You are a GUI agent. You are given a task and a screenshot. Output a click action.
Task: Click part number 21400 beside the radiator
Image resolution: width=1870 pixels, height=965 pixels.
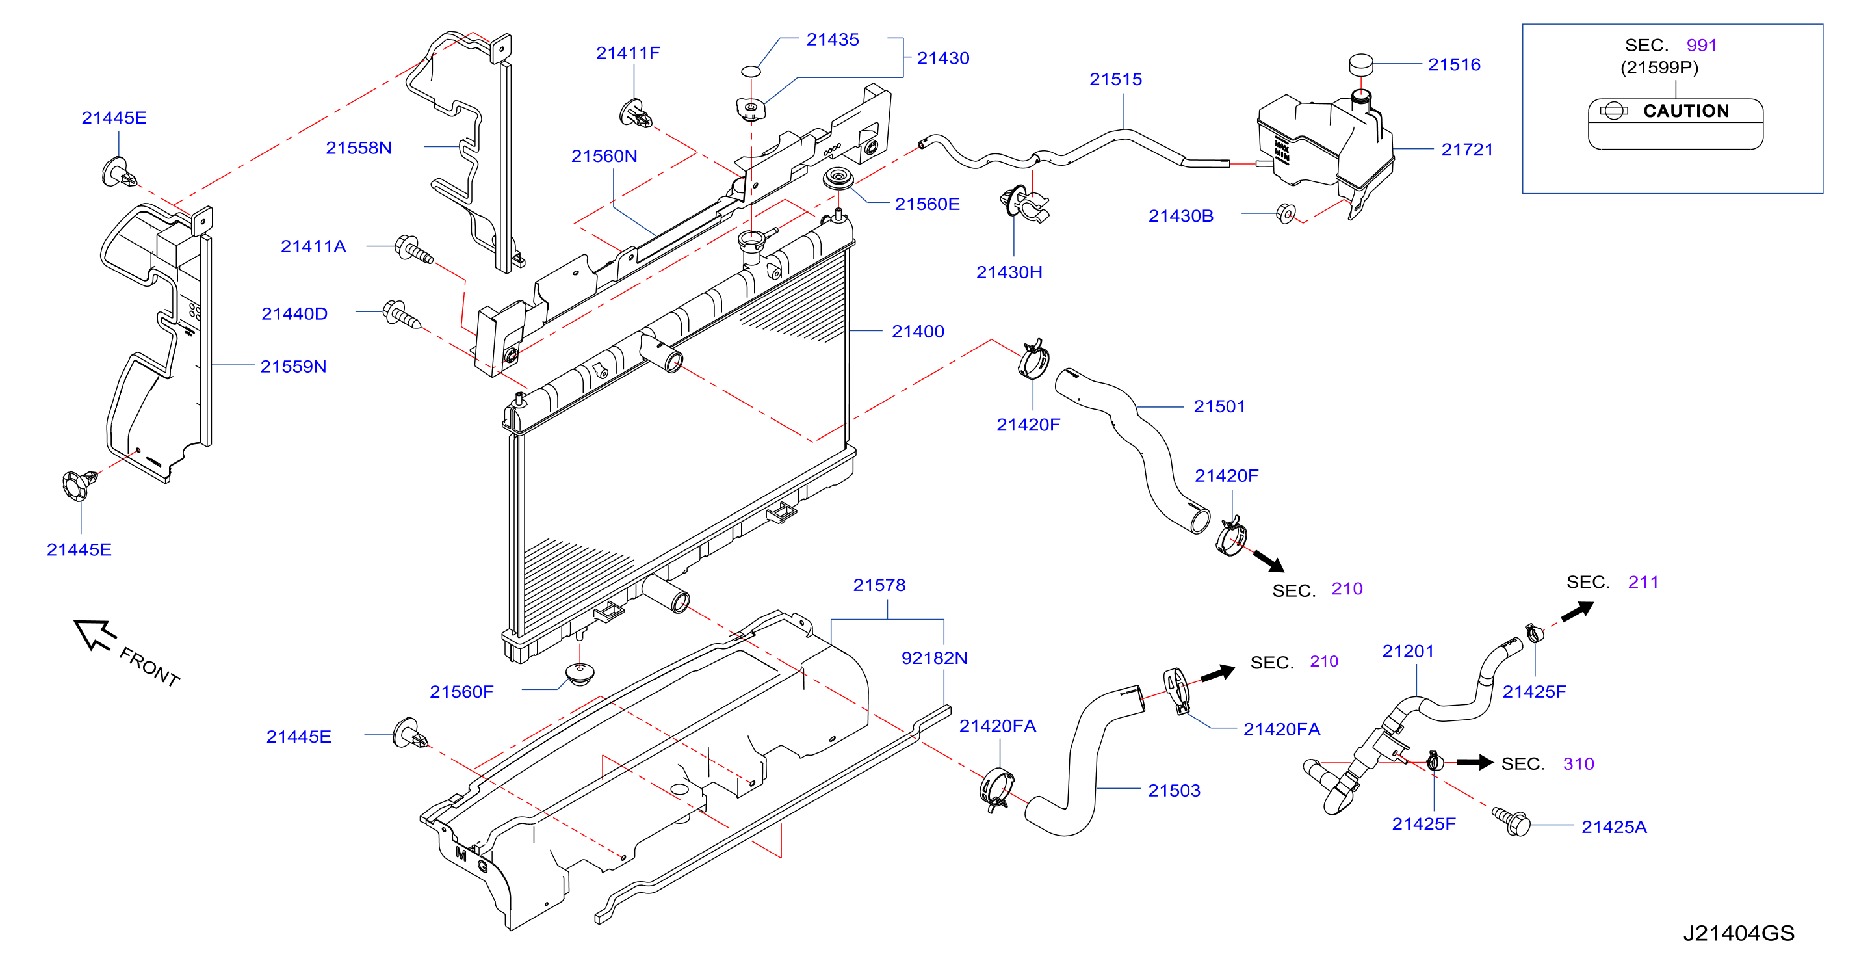(918, 332)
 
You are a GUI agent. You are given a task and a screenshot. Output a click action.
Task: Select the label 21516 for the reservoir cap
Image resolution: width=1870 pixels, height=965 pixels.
(1454, 64)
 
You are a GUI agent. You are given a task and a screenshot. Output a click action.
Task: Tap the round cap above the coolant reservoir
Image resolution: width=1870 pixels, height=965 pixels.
(1361, 63)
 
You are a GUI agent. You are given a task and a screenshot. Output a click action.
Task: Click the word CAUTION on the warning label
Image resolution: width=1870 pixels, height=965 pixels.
(1685, 111)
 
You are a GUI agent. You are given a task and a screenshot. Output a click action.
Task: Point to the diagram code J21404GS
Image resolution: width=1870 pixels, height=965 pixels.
(1739, 933)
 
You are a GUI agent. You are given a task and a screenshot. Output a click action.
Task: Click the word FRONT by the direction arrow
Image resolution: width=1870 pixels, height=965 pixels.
(149, 667)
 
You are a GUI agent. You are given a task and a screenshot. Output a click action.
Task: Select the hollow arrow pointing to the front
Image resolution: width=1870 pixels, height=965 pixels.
(95, 635)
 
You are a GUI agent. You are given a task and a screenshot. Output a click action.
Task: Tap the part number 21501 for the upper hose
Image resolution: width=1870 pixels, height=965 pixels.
(1219, 406)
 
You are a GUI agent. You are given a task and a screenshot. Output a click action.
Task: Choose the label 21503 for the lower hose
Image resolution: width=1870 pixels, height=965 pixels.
(1174, 791)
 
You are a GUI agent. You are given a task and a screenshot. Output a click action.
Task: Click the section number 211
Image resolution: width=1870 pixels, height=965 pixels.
(1643, 583)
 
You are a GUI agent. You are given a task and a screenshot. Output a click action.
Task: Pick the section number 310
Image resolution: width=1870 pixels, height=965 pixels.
(1578, 764)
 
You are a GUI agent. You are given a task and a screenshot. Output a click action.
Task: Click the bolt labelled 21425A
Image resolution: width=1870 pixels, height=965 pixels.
(1511, 821)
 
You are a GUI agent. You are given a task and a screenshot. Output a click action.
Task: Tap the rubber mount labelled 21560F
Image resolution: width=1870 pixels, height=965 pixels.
(579, 674)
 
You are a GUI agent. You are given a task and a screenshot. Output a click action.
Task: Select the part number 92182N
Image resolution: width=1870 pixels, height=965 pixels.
(934, 658)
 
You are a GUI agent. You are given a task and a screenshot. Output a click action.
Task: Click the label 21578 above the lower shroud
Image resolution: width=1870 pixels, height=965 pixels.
(879, 585)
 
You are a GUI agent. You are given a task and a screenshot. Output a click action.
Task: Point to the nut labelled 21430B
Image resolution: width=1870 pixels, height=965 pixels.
(1286, 213)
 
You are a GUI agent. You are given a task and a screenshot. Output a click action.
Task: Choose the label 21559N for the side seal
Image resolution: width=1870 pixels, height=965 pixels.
(293, 367)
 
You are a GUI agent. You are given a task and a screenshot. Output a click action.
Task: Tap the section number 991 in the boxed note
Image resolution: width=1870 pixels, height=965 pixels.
(1702, 45)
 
